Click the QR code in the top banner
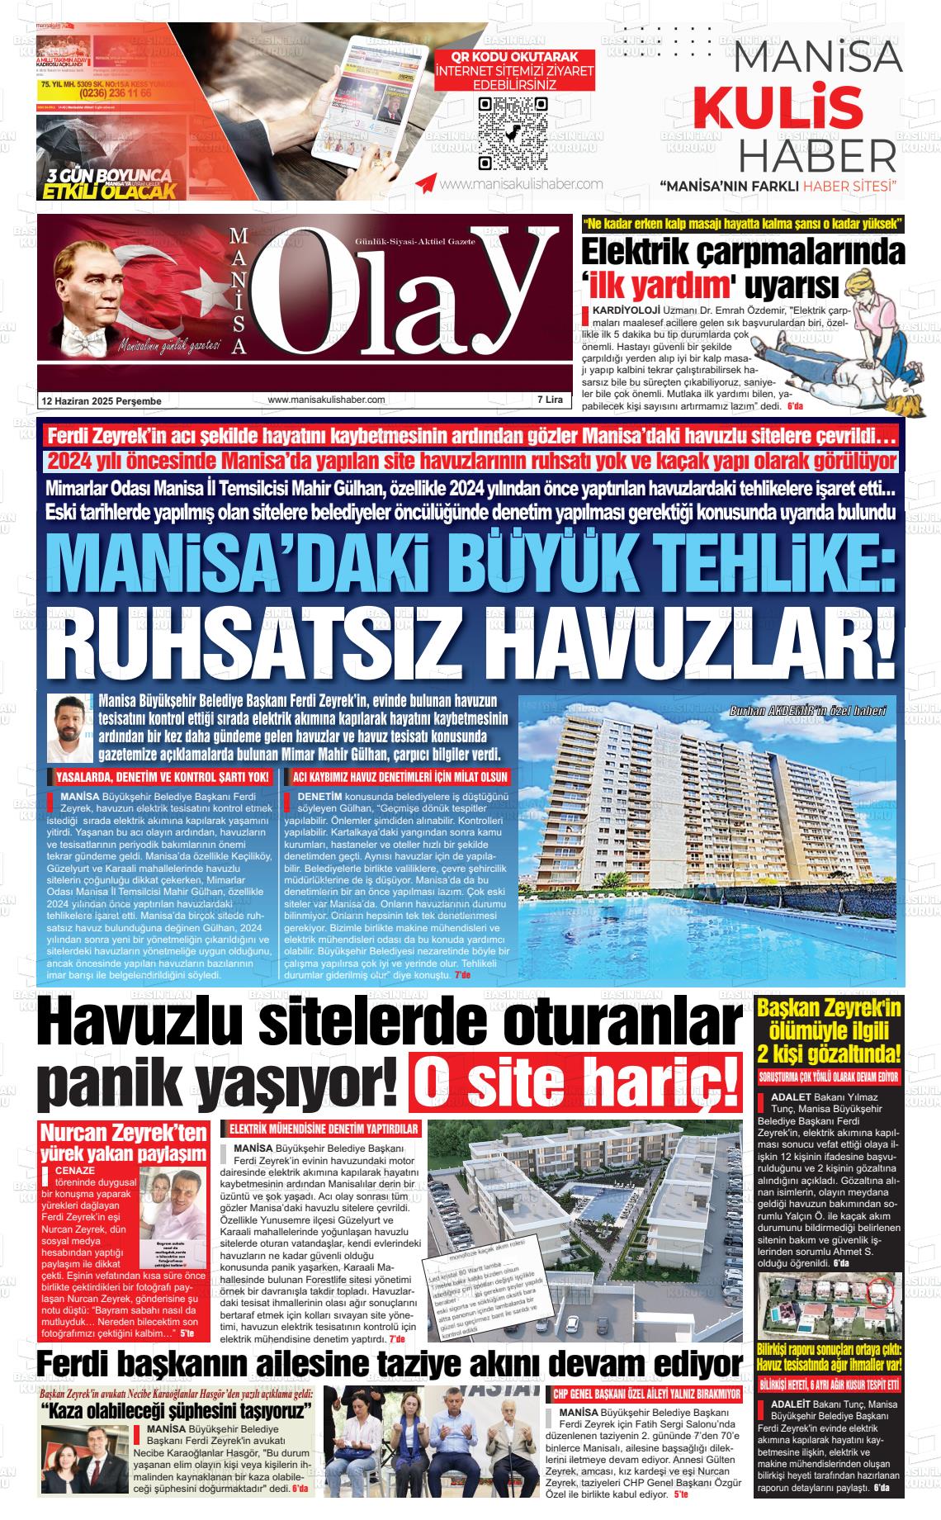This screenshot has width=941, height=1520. [513, 132]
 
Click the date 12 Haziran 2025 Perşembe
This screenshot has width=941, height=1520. [102, 400]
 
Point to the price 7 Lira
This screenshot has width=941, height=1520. [550, 400]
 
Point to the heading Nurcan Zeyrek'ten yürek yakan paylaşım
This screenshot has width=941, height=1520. [123, 1142]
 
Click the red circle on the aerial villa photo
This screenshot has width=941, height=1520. [881, 1288]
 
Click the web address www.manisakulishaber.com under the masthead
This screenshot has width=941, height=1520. [327, 400]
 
